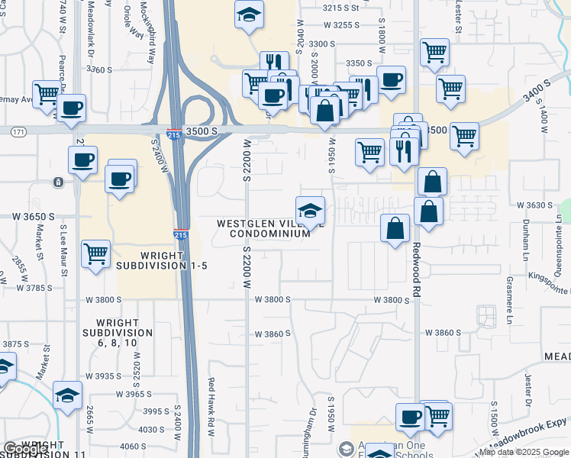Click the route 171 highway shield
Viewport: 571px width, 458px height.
(x=18, y=132)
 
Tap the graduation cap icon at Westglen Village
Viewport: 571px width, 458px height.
(x=310, y=211)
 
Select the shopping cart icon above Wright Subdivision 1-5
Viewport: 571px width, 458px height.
(x=95, y=253)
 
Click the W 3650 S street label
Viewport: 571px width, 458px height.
(x=27, y=217)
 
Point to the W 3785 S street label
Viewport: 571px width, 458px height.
(x=27, y=289)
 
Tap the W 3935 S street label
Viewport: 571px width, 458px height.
(x=104, y=376)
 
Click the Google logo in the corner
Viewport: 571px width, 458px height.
(x=25, y=449)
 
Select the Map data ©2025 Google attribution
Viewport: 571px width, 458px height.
(x=524, y=452)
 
